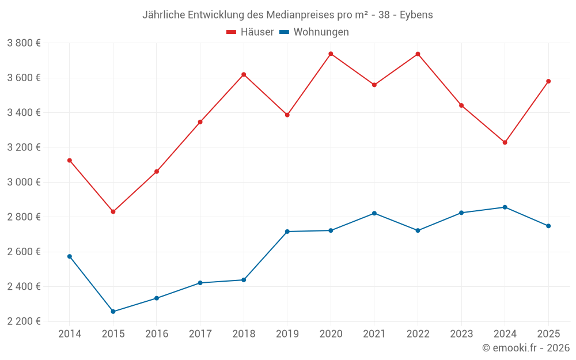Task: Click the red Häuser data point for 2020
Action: click(x=331, y=54)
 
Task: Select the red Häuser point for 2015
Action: click(x=113, y=211)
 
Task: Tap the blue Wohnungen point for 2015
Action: click(x=113, y=312)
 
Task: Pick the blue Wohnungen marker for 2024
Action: click(x=505, y=207)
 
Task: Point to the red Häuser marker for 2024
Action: click(x=505, y=142)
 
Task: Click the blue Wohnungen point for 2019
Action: click(x=287, y=232)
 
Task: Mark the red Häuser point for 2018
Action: click(x=244, y=74)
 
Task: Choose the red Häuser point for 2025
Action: click(x=548, y=81)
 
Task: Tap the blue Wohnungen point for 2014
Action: click(x=70, y=256)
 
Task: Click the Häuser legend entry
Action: click(x=250, y=32)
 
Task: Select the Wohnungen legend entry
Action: click(x=314, y=32)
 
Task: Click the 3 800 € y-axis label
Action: click(x=24, y=43)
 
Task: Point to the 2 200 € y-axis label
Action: click(x=24, y=321)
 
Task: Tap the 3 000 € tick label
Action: click(x=24, y=182)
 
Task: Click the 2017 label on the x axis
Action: click(x=200, y=334)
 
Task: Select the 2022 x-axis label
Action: click(x=418, y=334)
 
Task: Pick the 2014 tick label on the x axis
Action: click(x=70, y=334)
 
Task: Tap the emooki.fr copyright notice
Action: click(x=526, y=348)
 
